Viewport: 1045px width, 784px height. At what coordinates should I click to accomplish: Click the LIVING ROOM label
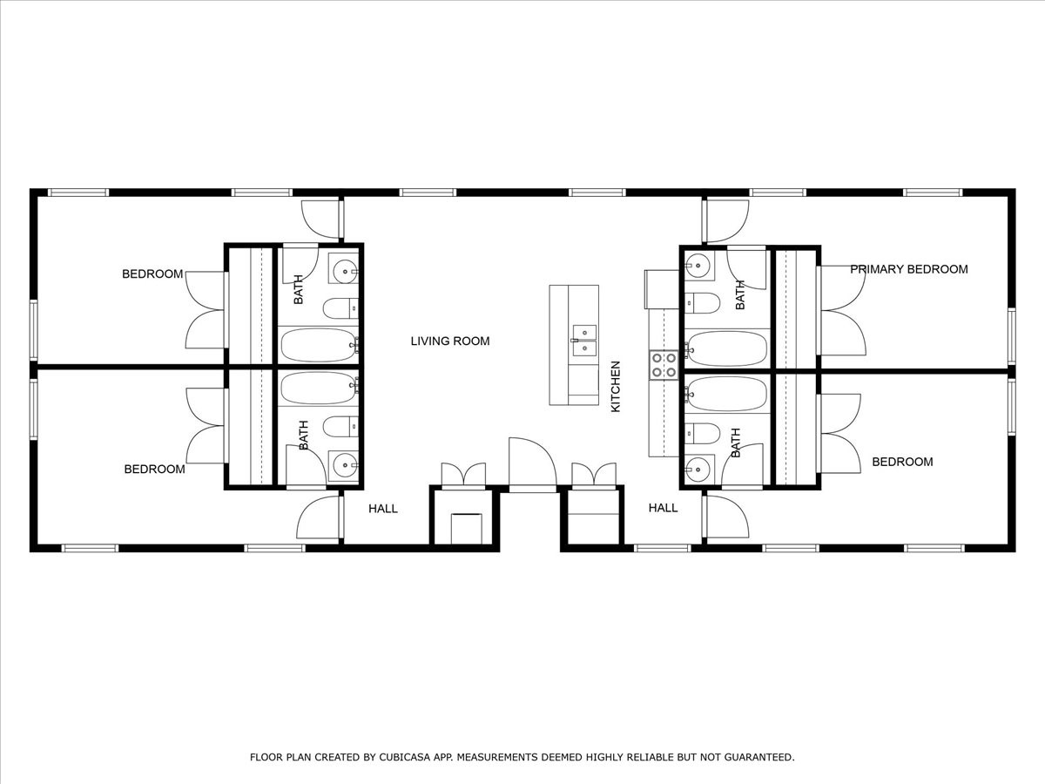450,341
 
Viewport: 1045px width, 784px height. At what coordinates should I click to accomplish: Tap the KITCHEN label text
615,387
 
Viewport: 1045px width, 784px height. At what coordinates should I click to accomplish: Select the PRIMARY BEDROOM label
908,269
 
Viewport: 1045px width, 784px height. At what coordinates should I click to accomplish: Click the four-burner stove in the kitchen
664,365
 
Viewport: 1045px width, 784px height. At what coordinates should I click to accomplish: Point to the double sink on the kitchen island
584,341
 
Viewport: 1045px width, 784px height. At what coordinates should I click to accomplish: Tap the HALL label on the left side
382,509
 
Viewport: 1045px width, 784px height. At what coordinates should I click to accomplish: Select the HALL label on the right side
663,508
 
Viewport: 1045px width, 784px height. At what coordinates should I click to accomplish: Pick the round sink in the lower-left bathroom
344,465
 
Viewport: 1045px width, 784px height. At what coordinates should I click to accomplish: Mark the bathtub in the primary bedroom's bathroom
727,348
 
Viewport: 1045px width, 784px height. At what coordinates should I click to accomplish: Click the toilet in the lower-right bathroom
702,433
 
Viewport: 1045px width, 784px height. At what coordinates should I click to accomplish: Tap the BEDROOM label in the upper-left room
152,274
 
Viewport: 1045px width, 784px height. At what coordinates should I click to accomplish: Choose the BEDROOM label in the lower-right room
902,462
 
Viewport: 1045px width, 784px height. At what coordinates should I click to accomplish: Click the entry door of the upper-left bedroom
320,220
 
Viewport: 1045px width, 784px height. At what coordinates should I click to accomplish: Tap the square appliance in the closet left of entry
466,528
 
